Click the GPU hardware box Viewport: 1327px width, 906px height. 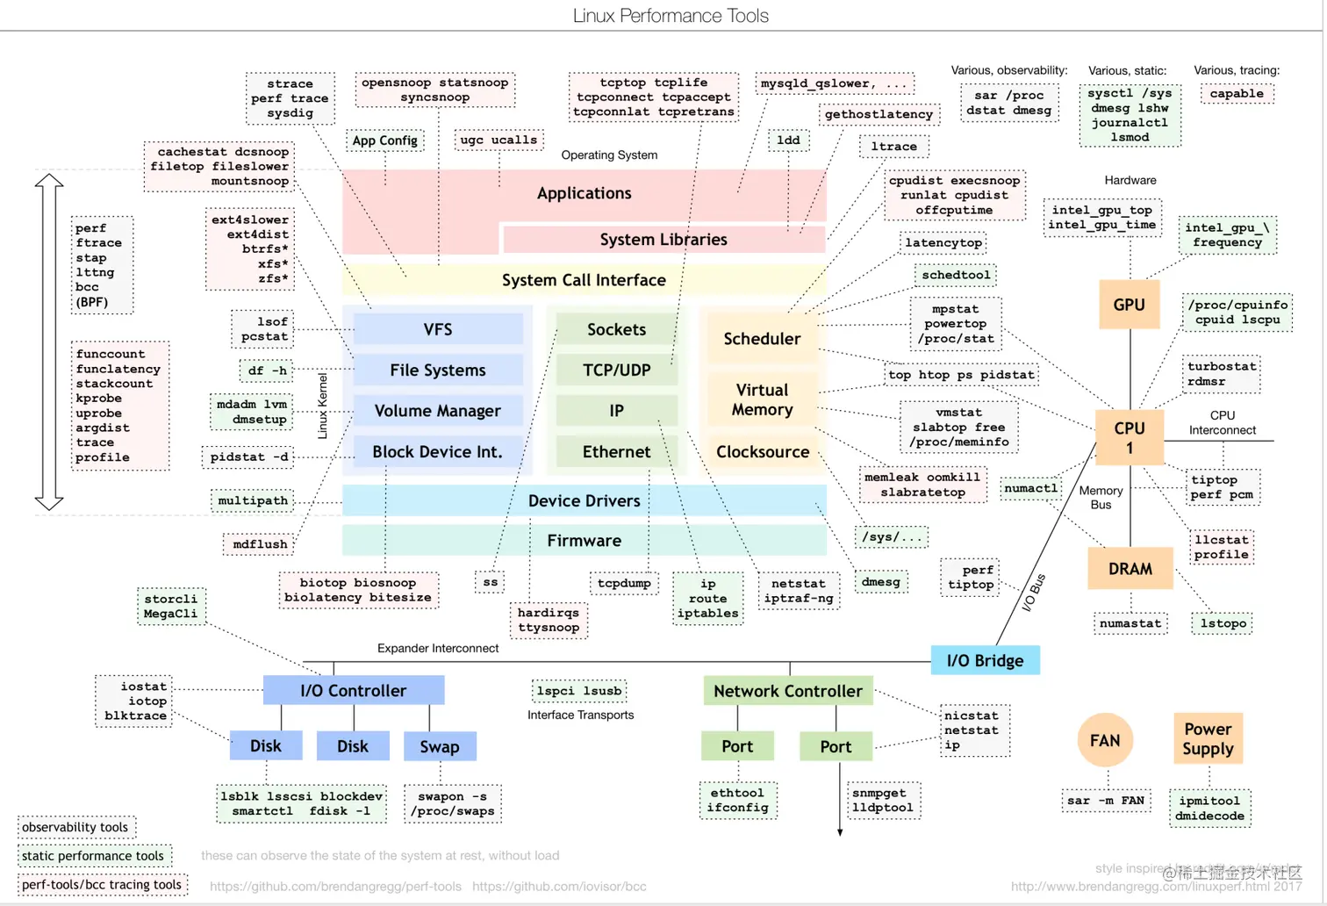pos(1129,305)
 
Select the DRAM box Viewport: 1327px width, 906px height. pos(1130,569)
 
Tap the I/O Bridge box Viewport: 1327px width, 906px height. pos(985,660)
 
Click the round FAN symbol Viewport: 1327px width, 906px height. pos(1104,740)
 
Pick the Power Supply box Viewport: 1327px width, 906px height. pos(1208,738)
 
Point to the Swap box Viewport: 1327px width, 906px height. pos(439,746)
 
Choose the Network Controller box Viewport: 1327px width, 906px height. pos(787,691)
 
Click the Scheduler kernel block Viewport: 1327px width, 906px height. pos(761,339)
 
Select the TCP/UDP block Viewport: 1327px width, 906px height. pos(616,370)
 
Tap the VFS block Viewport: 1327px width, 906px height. pos(437,329)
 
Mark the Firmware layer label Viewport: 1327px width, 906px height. pos(584,541)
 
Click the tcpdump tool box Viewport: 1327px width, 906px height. pos(624,583)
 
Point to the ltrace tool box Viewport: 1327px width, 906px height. pos(893,147)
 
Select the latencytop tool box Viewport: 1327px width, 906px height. pos(943,242)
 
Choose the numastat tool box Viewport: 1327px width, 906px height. pos(1130,623)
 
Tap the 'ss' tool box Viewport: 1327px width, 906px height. pos(490,582)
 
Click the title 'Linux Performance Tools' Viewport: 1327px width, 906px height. pos(671,16)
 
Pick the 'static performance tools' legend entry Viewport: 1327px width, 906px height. pos(93,856)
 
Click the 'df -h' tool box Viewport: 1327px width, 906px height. pos(267,370)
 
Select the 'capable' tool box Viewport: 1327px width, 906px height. pos(1236,94)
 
